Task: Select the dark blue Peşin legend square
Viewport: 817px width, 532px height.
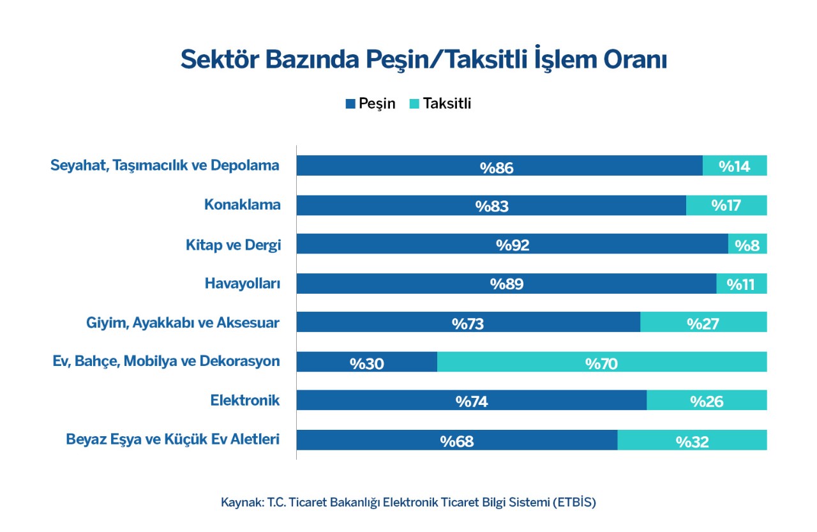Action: tap(350, 104)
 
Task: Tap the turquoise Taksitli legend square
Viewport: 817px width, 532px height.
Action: tap(414, 104)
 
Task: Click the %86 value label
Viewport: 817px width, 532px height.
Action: tap(497, 168)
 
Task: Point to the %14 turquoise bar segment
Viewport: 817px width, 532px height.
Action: tap(735, 165)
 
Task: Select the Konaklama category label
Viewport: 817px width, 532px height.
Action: tap(243, 205)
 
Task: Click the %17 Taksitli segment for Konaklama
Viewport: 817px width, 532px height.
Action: tap(726, 205)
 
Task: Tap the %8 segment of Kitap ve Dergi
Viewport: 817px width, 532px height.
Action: tap(747, 244)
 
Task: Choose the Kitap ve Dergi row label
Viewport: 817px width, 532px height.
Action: tap(234, 245)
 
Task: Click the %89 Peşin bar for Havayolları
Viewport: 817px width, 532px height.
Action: tap(506, 284)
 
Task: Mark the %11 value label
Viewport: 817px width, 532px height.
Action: tap(740, 284)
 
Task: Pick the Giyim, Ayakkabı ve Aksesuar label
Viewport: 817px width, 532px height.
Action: tap(183, 323)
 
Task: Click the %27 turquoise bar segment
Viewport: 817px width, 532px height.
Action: tap(703, 322)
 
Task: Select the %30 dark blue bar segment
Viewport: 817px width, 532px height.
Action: tap(366, 361)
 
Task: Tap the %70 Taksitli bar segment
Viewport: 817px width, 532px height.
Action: tap(602, 361)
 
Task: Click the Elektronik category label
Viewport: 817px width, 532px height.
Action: tap(245, 400)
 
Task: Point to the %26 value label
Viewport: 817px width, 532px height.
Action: tap(707, 402)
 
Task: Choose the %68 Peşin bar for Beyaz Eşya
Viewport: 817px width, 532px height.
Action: tap(457, 439)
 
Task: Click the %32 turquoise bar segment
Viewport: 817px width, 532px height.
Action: tap(692, 439)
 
